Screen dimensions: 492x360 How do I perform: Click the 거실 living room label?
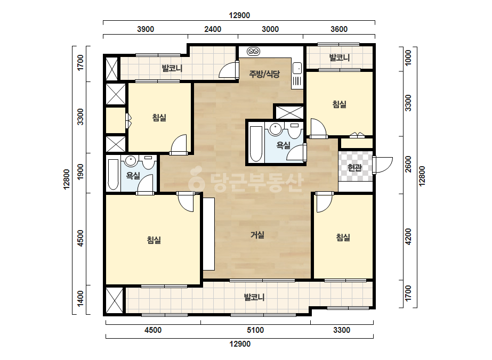tap(257, 234)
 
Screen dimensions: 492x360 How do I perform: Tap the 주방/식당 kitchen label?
tap(264, 74)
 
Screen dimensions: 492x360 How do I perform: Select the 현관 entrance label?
tap(355, 167)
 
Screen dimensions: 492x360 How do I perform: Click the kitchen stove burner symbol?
tap(254, 51)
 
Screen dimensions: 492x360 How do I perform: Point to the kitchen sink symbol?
tap(297, 68)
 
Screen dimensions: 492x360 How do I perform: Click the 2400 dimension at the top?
tap(213, 29)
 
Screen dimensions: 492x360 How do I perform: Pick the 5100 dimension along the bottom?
tap(255, 330)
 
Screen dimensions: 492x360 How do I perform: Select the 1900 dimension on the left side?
tap(80, 172)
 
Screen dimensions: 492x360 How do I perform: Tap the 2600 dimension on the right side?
tap(408, 164)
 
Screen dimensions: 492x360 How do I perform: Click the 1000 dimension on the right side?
tap(408, 58)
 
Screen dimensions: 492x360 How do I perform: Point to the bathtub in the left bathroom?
tap(114, 175)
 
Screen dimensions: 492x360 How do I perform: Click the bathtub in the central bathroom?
tap(256, 144)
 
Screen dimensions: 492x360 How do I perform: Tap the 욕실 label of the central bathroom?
tap(284, 145)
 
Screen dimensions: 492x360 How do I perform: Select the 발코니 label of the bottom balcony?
tap(254, 297)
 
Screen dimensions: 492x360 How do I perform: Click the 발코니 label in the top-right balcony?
tap(340, 58)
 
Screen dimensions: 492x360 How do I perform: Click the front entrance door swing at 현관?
tap(383, 165)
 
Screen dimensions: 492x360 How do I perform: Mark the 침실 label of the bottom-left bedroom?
tap(154, 240)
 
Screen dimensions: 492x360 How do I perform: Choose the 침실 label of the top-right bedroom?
tap(340, 104)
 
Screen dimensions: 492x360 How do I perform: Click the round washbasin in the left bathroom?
tap(131, 160)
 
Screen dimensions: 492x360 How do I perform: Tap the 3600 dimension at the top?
tap(339, 29)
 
